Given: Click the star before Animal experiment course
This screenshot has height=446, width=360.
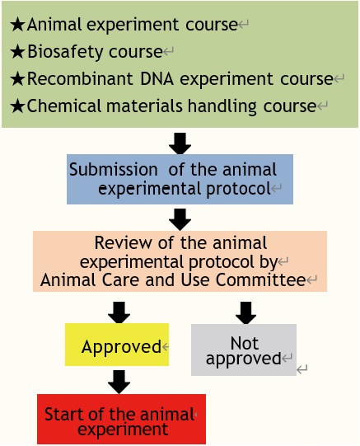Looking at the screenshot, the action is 17,25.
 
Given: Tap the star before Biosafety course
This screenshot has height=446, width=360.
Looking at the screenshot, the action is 17,52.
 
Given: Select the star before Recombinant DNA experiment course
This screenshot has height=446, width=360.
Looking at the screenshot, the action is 17,79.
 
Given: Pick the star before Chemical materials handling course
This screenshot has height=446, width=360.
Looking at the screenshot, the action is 17,106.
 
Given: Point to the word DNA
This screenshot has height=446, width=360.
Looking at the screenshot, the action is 157,78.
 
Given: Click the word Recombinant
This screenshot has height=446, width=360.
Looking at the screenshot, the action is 80,78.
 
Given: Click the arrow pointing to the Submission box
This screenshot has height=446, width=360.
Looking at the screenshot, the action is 180,143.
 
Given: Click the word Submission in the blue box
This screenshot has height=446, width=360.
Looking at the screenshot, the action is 114,169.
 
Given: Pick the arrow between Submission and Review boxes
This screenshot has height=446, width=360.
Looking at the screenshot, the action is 180,219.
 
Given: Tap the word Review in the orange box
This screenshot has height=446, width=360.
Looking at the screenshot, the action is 123,243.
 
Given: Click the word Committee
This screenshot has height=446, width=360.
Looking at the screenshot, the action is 260,280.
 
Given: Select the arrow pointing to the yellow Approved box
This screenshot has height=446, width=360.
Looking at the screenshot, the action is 119,312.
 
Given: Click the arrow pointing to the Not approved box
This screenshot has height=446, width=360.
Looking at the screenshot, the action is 245,313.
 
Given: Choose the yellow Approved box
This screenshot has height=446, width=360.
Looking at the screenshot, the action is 117,345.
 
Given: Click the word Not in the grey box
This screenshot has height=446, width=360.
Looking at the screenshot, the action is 245,343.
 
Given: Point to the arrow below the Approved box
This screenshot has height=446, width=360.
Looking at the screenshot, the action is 119,383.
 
